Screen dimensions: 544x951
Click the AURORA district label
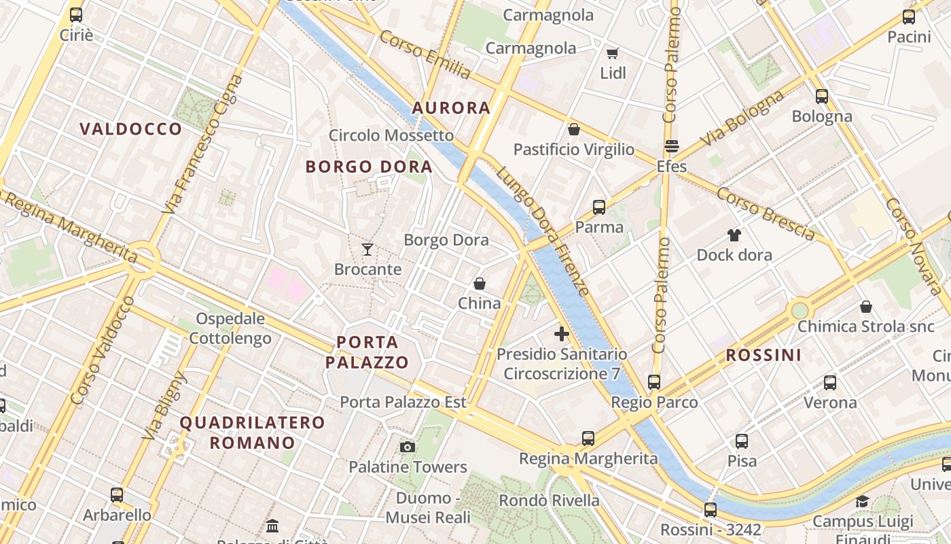[451, 107]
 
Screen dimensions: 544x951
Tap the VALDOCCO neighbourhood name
[130, 129]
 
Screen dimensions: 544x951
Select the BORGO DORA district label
[368, 167]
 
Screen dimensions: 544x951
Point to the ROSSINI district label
[764, 355]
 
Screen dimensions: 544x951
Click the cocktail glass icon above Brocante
[367, 249]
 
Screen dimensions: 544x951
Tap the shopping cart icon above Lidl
[613, 53]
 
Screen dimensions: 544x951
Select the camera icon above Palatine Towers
[408, 447]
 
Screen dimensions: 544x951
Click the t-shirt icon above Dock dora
[734, 235]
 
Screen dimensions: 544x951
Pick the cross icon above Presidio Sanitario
[562, 334]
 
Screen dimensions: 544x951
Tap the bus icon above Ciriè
[76, 15]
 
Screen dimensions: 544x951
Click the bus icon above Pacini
[909, 18]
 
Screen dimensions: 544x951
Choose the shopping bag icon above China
[480, 284]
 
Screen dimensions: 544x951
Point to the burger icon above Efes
[672, 146]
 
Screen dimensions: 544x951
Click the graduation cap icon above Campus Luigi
[862, 502]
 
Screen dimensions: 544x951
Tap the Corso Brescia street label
[766, 214]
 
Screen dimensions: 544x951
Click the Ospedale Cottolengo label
[230, 328]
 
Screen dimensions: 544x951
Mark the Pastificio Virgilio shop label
[574, 150]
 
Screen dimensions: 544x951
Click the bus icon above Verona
[830, 383]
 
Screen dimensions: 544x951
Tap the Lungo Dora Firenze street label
[542, 231]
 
